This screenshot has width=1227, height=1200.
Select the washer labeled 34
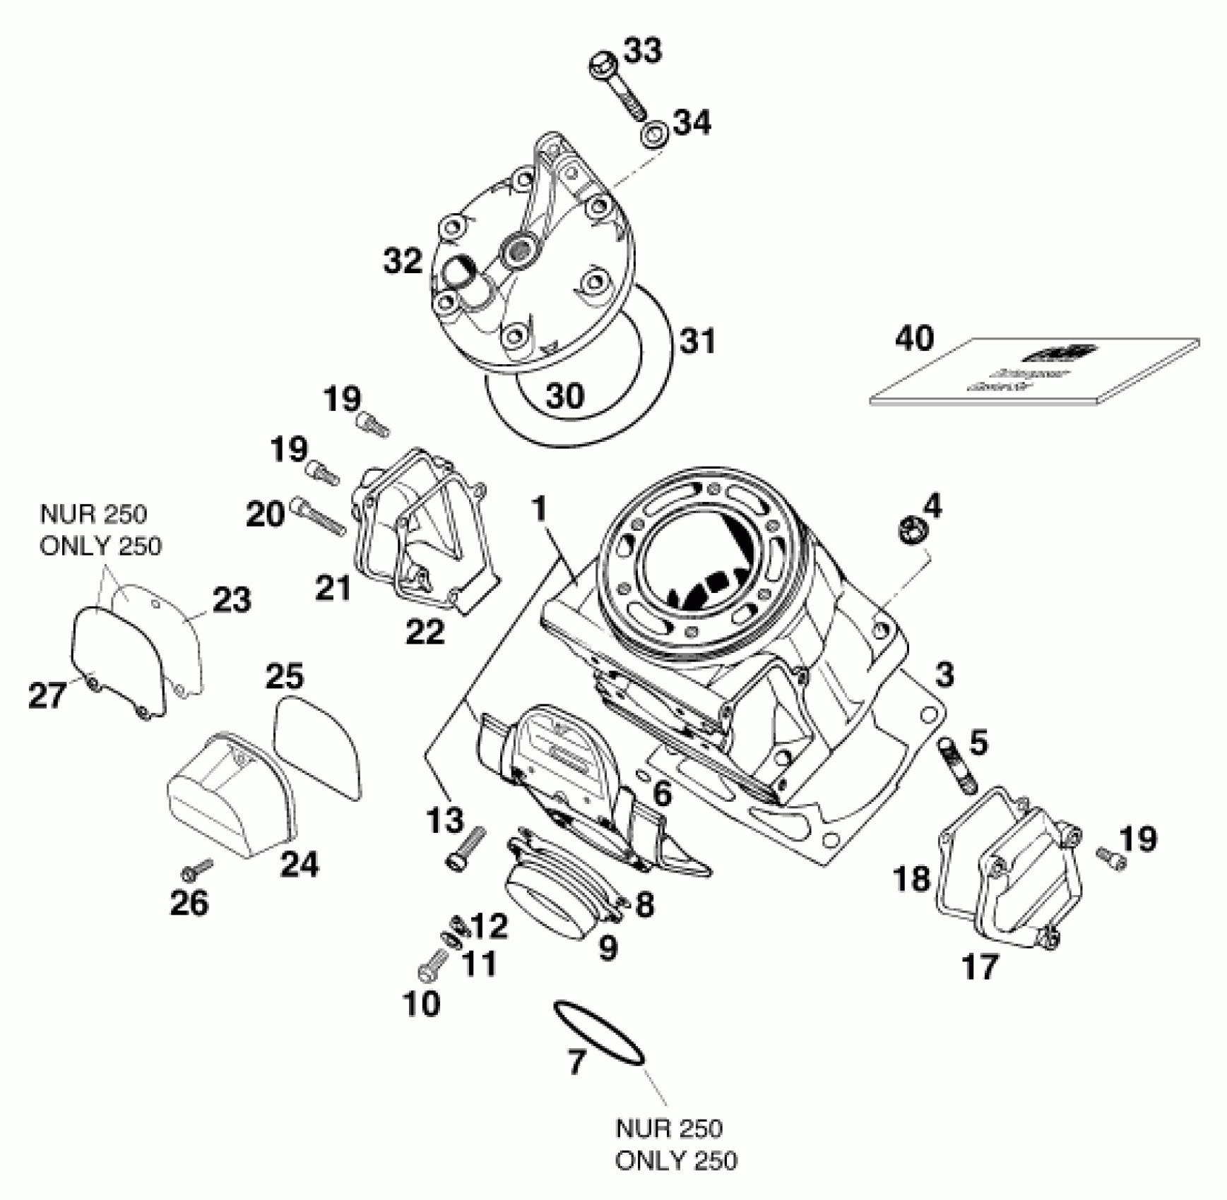tap(656, 135)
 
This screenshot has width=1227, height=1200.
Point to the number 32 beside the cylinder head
tap(403, 261)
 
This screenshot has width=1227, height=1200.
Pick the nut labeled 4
tap(910, 531)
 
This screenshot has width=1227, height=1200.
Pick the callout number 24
tap(300, 863)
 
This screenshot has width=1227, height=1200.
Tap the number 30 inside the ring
tap(565, 396)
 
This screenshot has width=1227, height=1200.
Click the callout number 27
tap(47, 695)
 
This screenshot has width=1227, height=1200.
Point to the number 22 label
tap(425, 631)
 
